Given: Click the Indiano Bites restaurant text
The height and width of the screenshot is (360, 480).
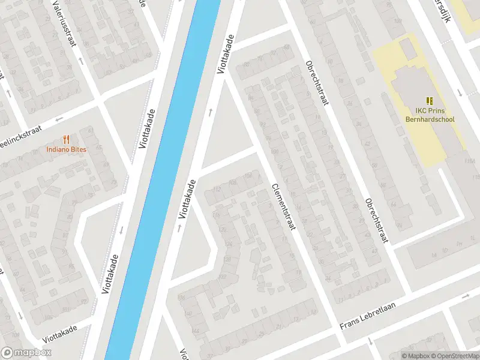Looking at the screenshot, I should click(x=66, y=149).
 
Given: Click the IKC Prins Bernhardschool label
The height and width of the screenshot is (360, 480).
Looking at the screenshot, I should click(x=434, y=115).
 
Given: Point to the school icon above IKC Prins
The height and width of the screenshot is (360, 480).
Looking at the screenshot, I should click(x=430, y=101).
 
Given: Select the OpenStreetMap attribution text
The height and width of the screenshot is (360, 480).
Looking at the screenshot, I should click(x=453, y=356).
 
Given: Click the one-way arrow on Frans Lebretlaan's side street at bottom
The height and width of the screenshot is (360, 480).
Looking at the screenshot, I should click(x=370, y=341).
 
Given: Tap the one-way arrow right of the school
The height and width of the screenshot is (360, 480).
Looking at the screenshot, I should click(x=460, y=93).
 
